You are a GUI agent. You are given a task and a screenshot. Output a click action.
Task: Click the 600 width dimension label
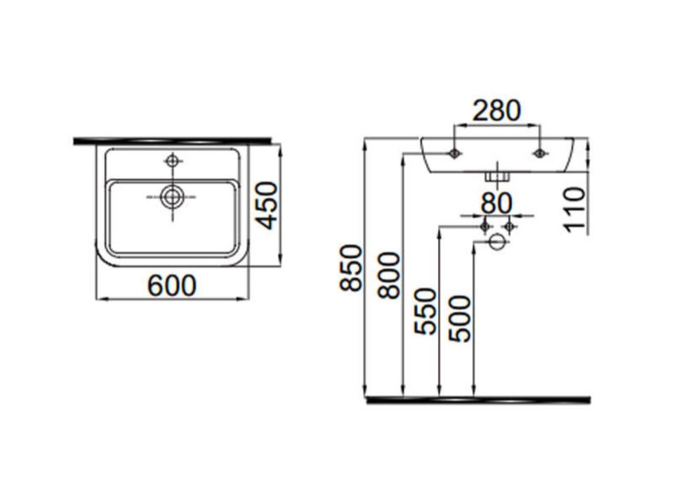click(172, 285)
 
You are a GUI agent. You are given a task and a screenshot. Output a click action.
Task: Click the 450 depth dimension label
click(267, 206)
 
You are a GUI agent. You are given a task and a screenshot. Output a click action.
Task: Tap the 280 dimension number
click(496, 110)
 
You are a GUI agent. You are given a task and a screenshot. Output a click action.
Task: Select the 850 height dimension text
click(350, 268)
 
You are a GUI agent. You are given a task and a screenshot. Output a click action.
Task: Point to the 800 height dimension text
click(388, 276)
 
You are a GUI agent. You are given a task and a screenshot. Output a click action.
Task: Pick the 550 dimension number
click(425, 311)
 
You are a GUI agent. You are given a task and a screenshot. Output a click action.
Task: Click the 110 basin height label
click(575, 209)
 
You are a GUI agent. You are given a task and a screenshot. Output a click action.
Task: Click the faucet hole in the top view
click(173, 161)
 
